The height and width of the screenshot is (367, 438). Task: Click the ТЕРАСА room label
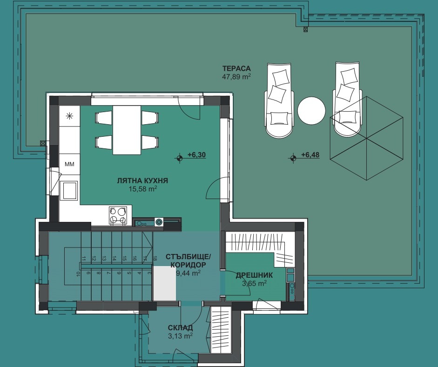(236, 68)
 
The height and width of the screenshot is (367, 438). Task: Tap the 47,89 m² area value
(236, 76)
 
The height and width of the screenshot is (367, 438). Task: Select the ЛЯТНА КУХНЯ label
(142, 181)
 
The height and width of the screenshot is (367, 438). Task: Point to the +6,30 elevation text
(196, 155)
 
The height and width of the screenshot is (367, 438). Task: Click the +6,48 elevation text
(310, 155)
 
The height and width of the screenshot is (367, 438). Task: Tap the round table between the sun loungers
(311, 111)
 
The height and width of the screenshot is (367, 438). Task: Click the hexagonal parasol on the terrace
(366, 139)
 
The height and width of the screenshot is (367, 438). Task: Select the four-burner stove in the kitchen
(118, 215)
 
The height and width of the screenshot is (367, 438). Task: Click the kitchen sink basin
(69, 191)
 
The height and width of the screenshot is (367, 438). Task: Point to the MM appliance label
(69, 164)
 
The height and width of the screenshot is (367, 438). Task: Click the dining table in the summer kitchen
(127, 130)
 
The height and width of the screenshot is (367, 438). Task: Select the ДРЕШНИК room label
(254, 275)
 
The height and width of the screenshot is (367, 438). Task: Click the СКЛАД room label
(180, 328)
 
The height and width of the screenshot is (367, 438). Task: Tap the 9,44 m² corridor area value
(188, 273)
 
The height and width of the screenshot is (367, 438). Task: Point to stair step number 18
(155, 259)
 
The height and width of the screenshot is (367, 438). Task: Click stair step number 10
(78, 274)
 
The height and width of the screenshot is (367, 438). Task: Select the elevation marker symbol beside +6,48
(293, 158)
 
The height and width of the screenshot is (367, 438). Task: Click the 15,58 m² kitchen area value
(142, 189)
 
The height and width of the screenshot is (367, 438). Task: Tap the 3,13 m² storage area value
(180, 336)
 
